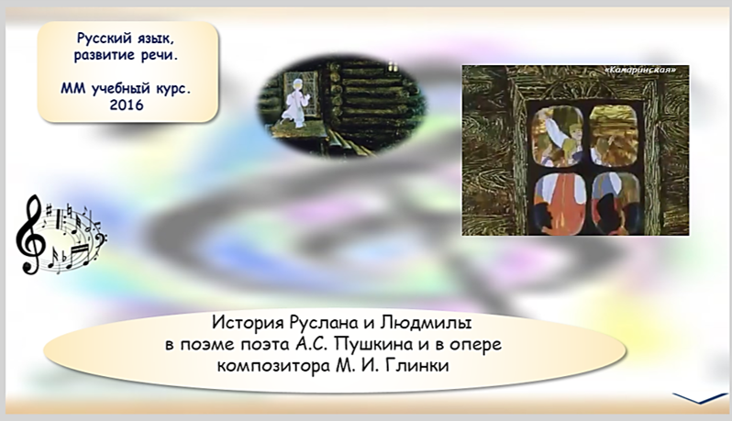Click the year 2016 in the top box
pyautogui.click(x=127, y=105)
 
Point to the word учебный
pyautogui.click(x=117, y=88)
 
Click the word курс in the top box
pyautogui.click(x=171, y=88)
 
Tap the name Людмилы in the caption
pyautogui.click(x=427, y=323)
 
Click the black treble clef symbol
pyautogui.click(x=30, y=234)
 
